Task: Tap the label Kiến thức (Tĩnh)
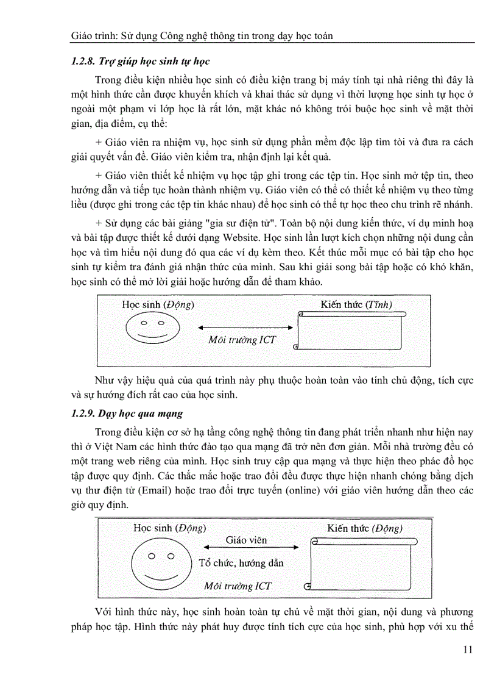356,304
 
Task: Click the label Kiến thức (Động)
364,528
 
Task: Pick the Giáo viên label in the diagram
246,540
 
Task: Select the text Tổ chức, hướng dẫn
241,563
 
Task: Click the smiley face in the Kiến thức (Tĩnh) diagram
153,329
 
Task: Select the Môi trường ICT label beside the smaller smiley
242,340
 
